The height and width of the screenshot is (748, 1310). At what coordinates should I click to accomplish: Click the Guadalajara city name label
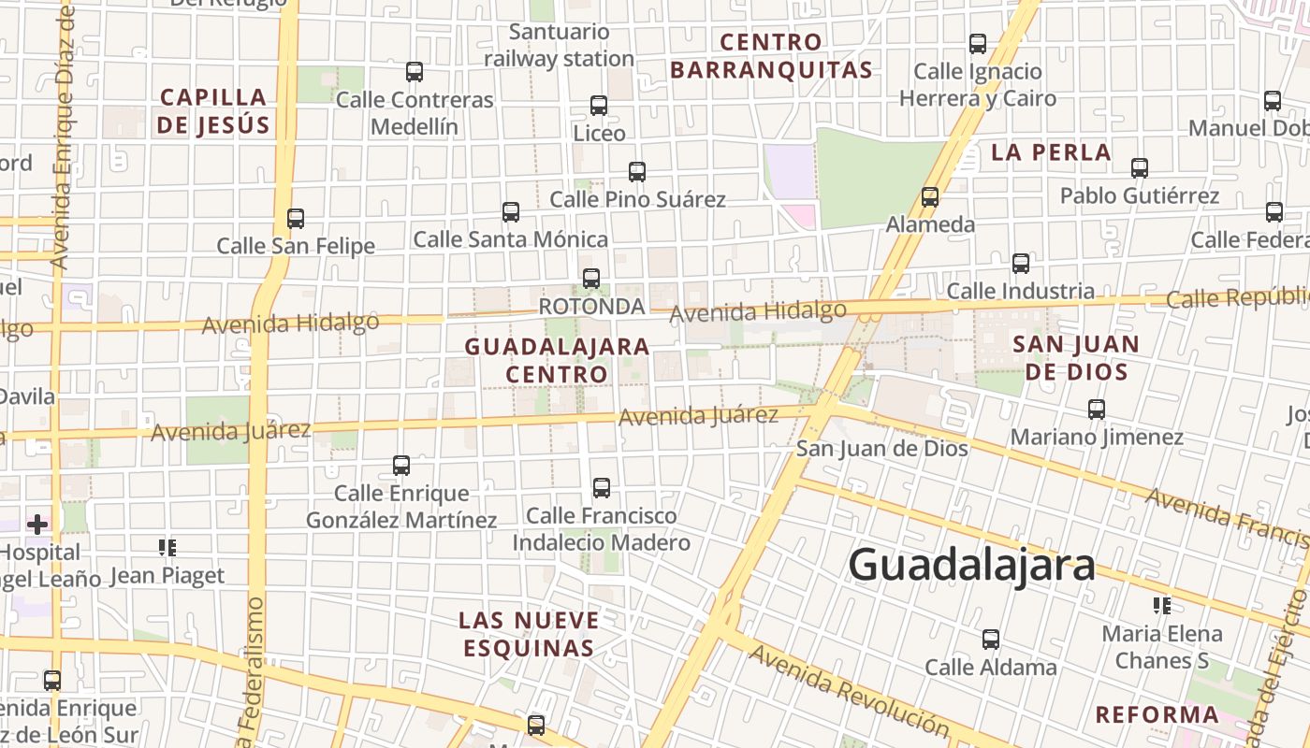pyautogui.click(x=971, y=566)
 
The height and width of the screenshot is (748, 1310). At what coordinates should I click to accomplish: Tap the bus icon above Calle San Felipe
pyautogui.click(x=296, y=219)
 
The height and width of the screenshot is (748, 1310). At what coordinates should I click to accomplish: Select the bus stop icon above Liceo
pyautogui.click(x=599, y=106)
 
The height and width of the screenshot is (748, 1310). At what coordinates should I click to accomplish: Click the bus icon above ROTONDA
pyautogui.click(x=591, y=279)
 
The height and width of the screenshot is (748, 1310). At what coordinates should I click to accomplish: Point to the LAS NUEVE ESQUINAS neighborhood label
pyautogui.click(x=529, y=634)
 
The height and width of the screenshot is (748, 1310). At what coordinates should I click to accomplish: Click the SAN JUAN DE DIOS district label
pyautogui.click(x=1076, y=358)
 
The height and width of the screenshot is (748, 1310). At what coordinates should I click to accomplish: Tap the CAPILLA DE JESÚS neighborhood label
pyautogui.click(x=213, y=111)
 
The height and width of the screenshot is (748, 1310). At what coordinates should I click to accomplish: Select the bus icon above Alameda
pyautogui.click(x=930, y=197)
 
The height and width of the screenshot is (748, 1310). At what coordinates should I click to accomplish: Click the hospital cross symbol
pyautogui.click(x=37, y=525)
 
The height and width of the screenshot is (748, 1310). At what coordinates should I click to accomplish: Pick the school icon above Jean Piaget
pyautogui.click(x=167, y=548)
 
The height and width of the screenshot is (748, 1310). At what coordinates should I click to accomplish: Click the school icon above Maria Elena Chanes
pyautogui.click(x=1162, y=606)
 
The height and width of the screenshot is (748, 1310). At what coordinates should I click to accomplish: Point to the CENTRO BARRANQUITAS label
pyautogui.click(x=771, y=56)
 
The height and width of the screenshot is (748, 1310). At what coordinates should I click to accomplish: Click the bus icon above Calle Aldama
pyautogui.click(x=991, y=640)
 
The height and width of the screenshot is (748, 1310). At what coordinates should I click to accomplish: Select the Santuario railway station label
pyautogui.click(x=560, y=45)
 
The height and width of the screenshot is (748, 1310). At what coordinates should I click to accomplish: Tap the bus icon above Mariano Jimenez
pyautogui.click(x=1097, y=410)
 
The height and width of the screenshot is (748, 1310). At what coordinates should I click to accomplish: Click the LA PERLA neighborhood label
pyautogui.click(x=1051, y=152)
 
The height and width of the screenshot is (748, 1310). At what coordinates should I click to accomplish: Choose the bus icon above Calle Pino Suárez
pyautogui.click(x=637, y=172)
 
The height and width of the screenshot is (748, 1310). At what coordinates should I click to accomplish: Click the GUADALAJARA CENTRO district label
pyautogui.click(x=558, y=360)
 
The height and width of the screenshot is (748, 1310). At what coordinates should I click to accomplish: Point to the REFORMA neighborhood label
pyautogui.click(x=1157, y=715)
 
